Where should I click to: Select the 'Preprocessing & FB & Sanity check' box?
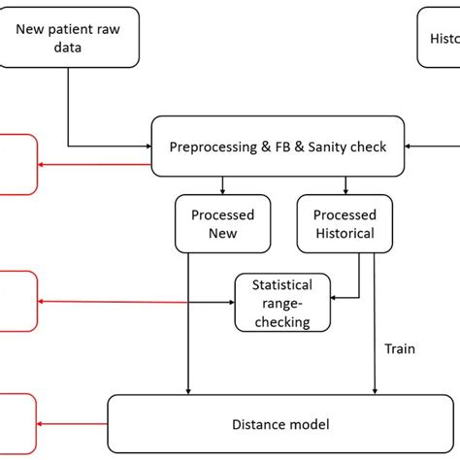pos(278,148)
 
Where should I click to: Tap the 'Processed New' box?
pos(222,223)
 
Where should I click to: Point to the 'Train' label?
pos(400,348)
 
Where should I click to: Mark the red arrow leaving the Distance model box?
pos(72,423)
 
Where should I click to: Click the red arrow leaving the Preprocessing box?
pos(93,164)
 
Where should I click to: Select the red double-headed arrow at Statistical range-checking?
pos(136,302)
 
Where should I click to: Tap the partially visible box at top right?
pos(439,39)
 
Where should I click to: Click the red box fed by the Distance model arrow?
pos(17,423)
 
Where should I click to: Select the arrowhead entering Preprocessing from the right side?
pos(408,148)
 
